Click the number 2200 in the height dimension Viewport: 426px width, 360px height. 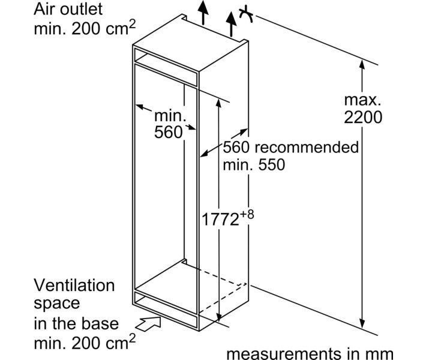(363, 117)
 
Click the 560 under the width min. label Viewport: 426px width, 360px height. (168, 133)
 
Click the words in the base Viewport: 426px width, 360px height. (76, 324)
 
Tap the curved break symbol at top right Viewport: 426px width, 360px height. (245, 13)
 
